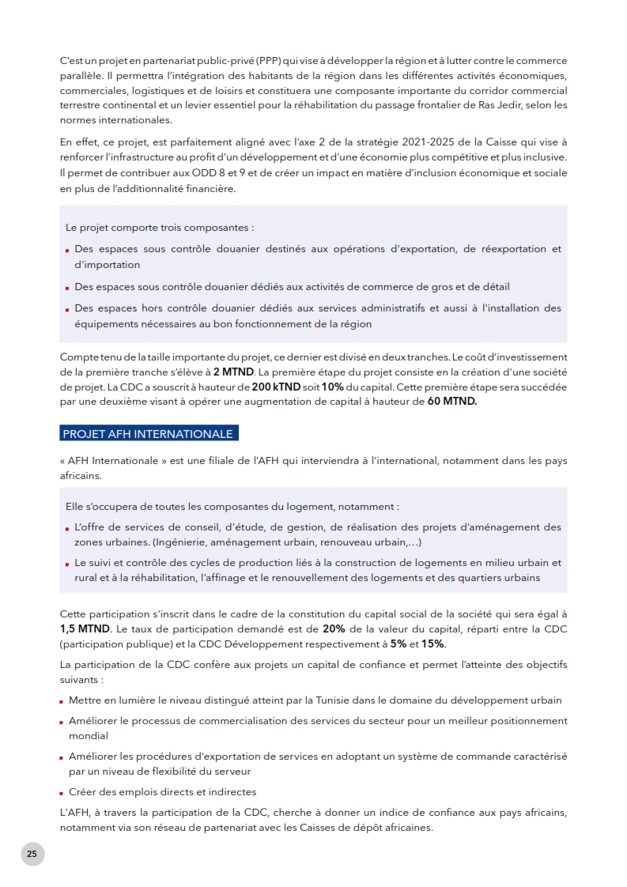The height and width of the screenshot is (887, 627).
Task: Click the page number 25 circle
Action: click(x=32, y=854)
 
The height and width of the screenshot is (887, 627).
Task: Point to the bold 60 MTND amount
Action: click(x=452, y=402)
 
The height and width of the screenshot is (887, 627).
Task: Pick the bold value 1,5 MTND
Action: click(x=85, y=628)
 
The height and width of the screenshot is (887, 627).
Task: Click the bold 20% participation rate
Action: click(x=332, y=628)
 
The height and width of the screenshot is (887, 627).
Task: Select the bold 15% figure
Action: click(x=432, y=644)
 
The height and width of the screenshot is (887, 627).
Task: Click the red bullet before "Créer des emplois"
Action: click(x=62, y=793)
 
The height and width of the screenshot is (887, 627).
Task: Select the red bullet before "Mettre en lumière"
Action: click(x=62, y=701)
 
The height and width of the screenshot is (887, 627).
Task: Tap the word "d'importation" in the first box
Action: click(x=108, y=265)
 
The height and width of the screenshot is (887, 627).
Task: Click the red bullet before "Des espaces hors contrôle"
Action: click(x=68, y=310)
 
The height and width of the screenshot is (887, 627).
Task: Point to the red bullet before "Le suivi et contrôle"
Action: click(x=68, y=564)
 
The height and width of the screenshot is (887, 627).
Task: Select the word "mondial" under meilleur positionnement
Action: click(x=89, y=735)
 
